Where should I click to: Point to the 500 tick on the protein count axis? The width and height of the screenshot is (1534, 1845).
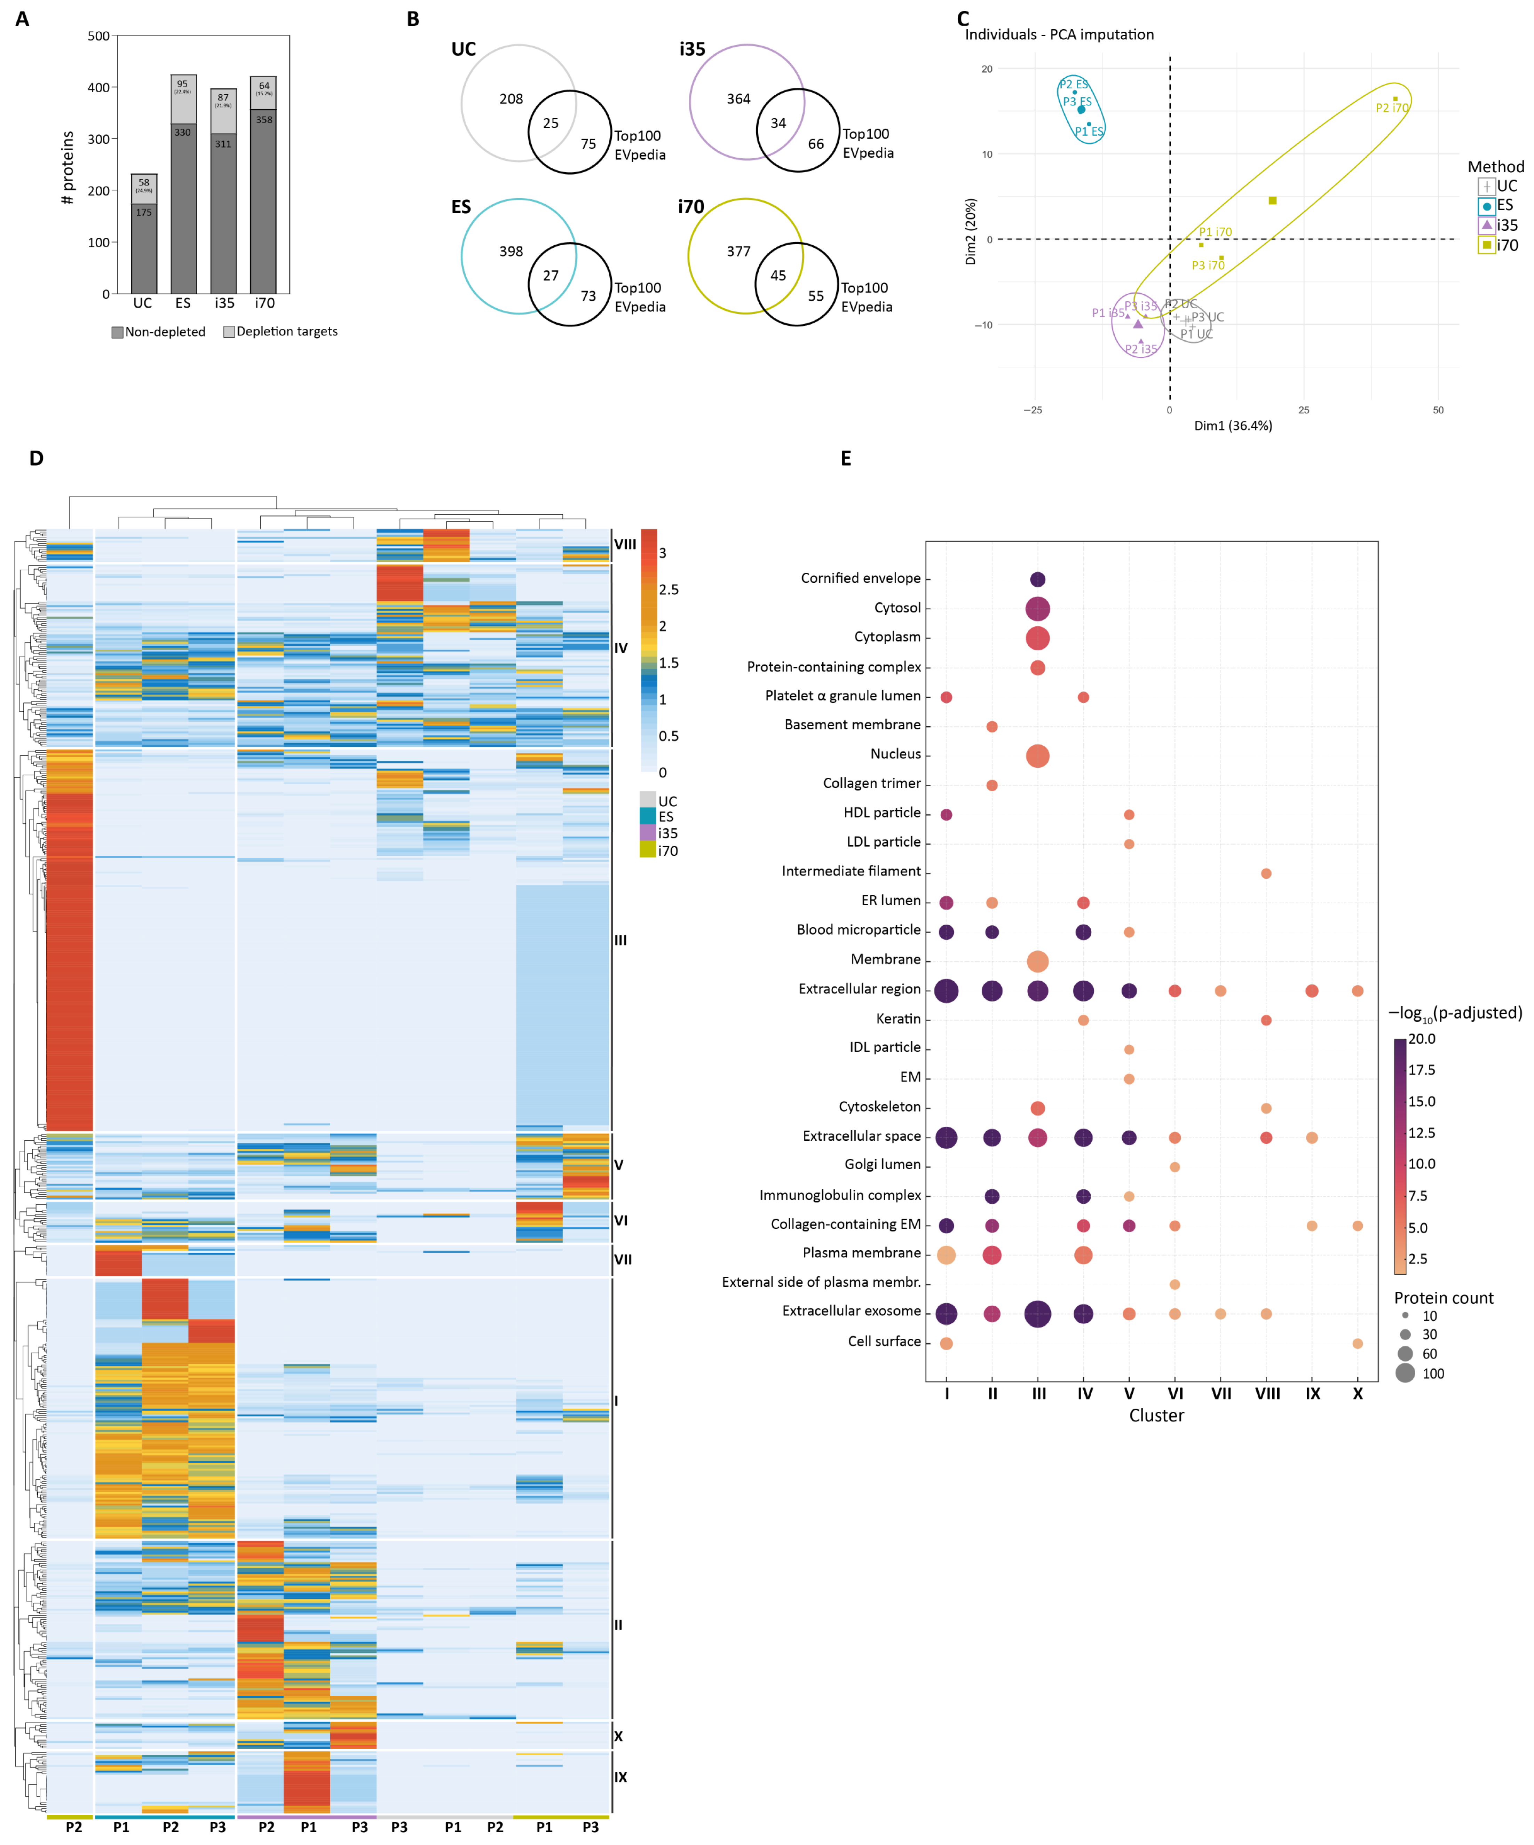click(x=98, y=36)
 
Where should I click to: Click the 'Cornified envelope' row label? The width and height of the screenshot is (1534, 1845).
click(x=860, y=578)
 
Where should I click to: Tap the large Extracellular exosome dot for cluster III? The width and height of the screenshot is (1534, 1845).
click(x=1038, y=1314)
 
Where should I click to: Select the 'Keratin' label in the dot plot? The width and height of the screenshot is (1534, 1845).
click(x=898, y=1019)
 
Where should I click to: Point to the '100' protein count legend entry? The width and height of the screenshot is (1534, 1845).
click(x=1432, y=1374)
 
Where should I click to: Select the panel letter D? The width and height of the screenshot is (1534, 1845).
click(x=36, y=459)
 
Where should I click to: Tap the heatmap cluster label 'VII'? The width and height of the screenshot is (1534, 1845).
click(x=622, y=1260)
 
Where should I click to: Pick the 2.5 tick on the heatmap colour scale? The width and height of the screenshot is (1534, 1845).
click(x=669, y=589)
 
